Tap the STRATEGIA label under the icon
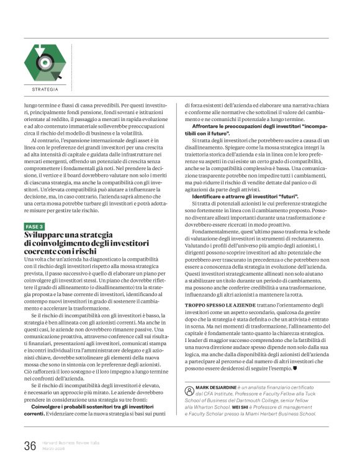45,89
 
